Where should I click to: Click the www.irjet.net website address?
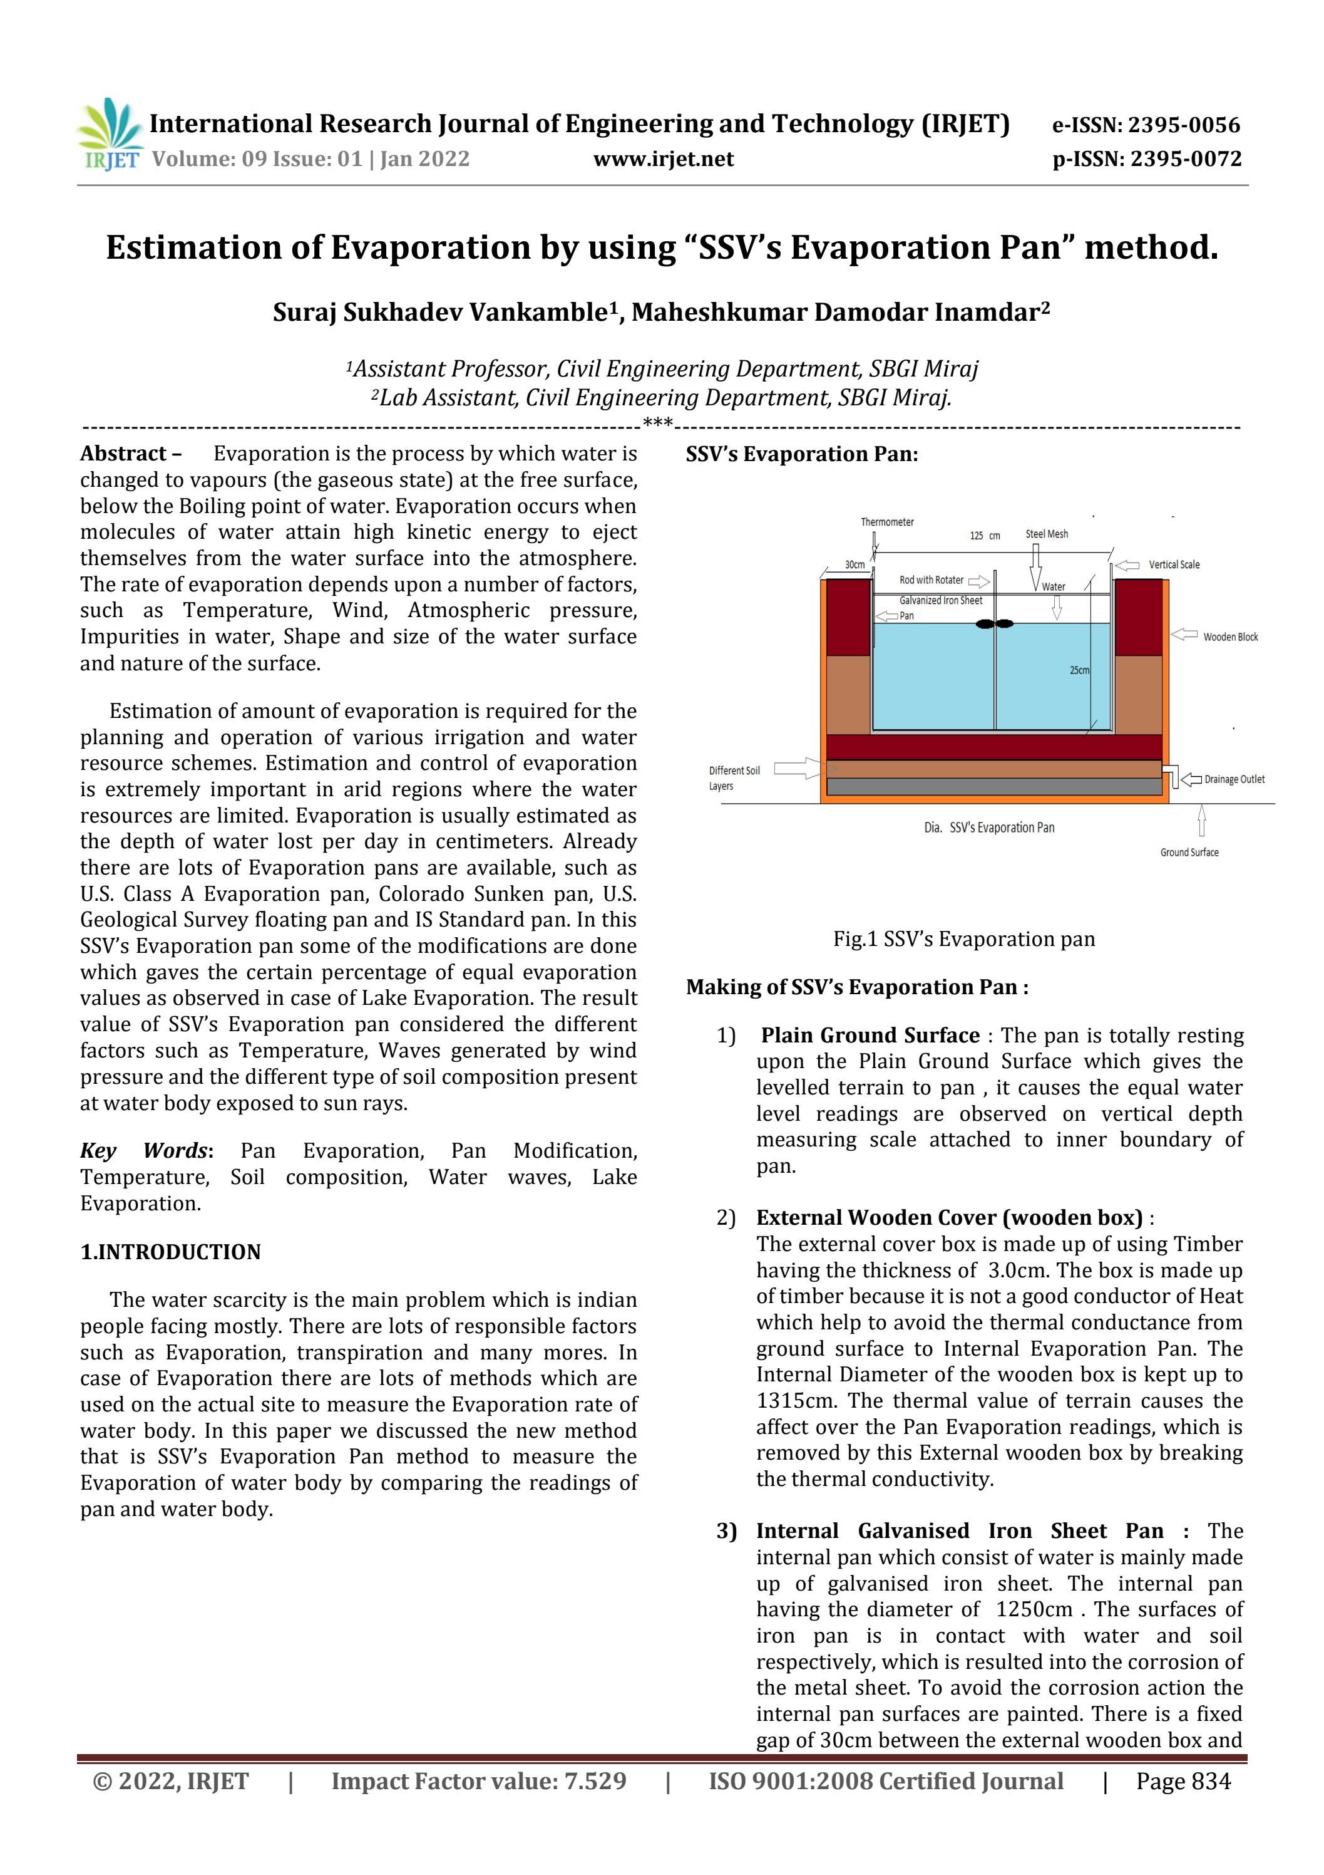663,159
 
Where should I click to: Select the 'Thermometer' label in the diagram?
886,522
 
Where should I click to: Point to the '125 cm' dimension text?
985,536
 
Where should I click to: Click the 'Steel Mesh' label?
1047,534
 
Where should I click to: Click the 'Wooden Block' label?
1230,637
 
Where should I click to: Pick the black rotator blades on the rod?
995,624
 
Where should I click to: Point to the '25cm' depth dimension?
1079,670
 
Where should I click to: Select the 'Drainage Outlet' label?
1234,780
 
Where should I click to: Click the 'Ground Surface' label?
1189,853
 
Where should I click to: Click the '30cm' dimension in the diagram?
854,565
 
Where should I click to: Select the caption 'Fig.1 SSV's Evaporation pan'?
963,939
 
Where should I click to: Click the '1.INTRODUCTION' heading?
171,1252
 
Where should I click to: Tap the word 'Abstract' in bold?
123,454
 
